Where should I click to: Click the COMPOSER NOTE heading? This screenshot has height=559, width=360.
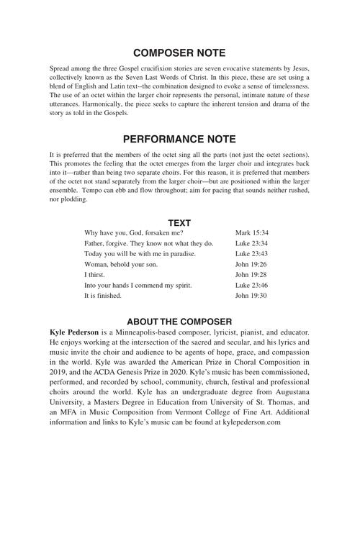[180, 53]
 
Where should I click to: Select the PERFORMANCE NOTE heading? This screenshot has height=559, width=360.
[180, 139]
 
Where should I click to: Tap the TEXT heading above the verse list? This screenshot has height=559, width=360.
[179, 223]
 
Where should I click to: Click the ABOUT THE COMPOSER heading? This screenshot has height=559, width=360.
[179, 321]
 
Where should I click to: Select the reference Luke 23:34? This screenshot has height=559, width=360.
[252, 244]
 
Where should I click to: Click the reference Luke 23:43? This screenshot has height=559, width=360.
[252, 254]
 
